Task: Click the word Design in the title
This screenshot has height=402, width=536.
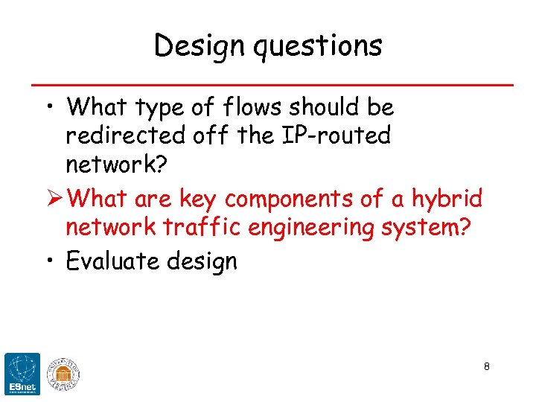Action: point(195,46)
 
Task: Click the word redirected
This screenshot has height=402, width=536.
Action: point(125,135)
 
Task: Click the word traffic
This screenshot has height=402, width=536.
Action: point(204,228)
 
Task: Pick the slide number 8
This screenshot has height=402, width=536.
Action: point(486,366)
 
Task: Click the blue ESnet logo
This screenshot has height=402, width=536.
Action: point(22,373)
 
